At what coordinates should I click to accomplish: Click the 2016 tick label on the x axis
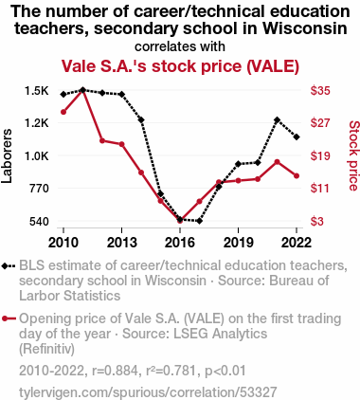(x=180, y=243)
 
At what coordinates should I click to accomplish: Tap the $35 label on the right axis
(x=320, y=91)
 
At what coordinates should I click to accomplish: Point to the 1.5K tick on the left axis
(x=37, y=91)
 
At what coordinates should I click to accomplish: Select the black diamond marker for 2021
(x=278, y=119)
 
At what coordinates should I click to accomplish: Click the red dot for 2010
(x=63, y=112)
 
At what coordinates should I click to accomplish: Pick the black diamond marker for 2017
(x=199, y=221)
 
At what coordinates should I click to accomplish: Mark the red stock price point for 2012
(x=102, y=140)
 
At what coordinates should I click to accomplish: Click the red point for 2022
(x=297, y=175)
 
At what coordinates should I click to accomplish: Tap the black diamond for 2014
(x=141, y=119)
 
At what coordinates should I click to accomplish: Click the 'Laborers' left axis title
(x=7, y=155)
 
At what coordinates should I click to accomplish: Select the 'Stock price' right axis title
(x=353, y=155)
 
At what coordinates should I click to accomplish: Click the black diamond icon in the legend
(x=5, y=266)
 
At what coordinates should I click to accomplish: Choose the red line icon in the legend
(x=9, y=318)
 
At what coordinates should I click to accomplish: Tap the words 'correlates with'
(x=180, y=46)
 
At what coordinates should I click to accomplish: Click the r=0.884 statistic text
(x=115, y=371)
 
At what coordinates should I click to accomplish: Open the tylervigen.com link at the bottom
(x=148, y=392)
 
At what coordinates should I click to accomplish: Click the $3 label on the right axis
(x=317, y=222)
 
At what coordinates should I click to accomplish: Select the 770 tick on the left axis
(x=39, y=189)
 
